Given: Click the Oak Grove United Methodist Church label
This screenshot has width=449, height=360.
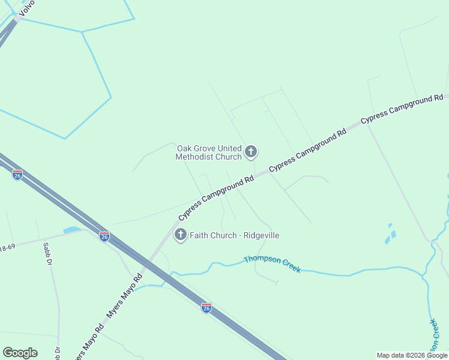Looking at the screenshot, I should click(x=208, y=152).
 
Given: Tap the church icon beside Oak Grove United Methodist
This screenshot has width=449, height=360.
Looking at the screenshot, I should click(x=251, y=152).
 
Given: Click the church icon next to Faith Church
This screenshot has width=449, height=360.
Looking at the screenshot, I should click(x=181, y=235).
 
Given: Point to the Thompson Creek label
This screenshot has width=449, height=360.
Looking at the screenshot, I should click(x=272, y=264).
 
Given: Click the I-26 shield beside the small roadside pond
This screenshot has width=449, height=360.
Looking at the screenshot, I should click(x=104, y=236).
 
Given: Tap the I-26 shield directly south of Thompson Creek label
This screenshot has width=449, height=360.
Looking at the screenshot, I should click(x=206, y=308).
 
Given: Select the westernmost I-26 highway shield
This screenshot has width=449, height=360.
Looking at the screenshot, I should click(x=17, y=175).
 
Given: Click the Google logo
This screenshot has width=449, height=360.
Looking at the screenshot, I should click(x=20, y=353).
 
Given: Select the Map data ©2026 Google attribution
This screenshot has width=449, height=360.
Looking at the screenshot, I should click(x=412, y=355).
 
